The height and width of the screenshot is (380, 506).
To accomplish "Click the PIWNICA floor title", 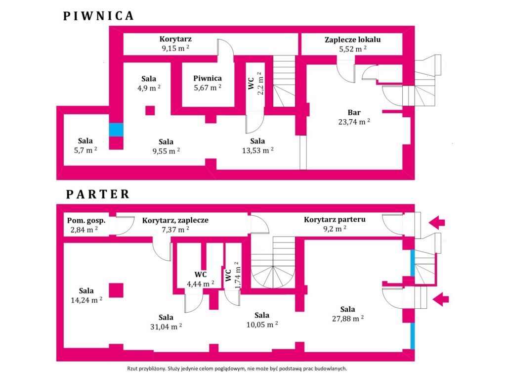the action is (x=98, y=16).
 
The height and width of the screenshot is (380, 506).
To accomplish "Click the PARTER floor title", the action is (x=98, y=194).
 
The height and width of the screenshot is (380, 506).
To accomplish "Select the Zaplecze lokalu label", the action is (x=353, y=40).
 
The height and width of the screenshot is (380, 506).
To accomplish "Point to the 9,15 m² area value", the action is (x=175, y=48).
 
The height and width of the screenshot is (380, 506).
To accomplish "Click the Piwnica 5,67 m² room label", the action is (x=208, y=83).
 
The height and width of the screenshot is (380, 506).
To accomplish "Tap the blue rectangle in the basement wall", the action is (x=116, y=130).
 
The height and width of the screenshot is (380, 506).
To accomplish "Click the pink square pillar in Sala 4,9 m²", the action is (x=150, y=110).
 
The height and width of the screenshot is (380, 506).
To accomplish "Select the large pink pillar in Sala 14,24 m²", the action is (x=116, y=290).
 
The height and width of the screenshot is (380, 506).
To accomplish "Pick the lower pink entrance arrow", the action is (x=440, y=299).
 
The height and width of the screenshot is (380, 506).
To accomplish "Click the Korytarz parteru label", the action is (x=335, y=219).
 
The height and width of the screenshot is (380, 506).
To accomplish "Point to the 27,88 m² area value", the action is (x=348, y=319).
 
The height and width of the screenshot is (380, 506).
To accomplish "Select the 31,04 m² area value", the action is (x=166, y=327).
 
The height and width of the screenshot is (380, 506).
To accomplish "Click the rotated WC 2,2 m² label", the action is (x=256, y=84).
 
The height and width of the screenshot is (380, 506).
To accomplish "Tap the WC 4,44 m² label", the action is (x=201, y=279).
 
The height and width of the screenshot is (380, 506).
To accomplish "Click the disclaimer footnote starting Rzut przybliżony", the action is (x=237, y=368).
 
